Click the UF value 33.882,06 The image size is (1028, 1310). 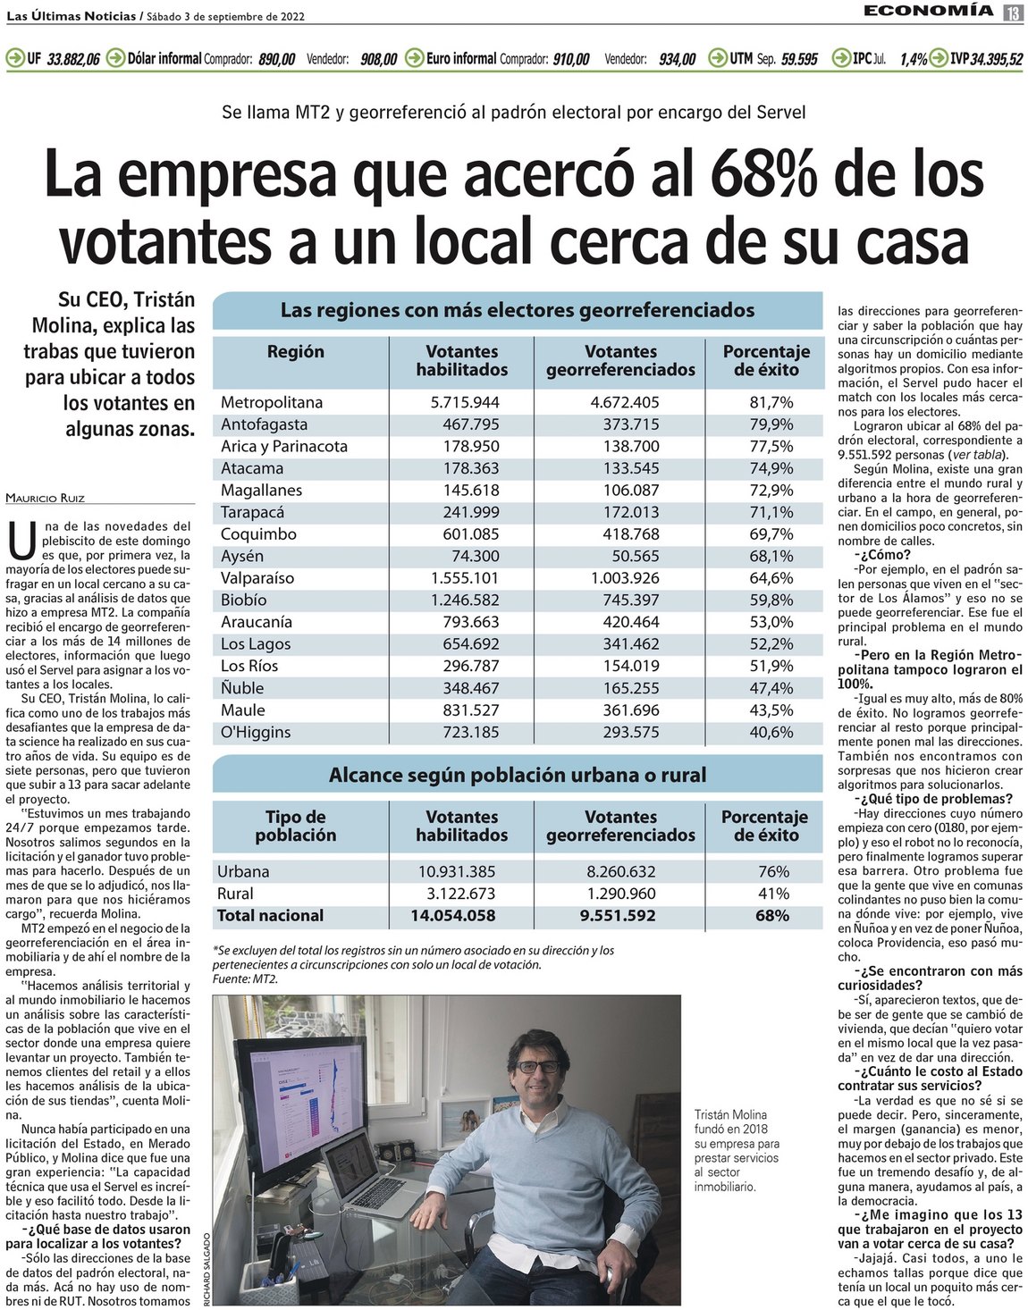tap(73, 59)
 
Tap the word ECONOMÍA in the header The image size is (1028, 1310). tap(928, 11)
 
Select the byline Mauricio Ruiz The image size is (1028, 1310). tap(45, 498)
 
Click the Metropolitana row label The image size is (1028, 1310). tap(272, 402)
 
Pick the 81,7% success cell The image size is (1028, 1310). tap(771, 402)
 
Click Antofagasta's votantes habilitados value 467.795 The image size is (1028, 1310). tap(471, 424)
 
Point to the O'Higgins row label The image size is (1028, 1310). tap(256, 732)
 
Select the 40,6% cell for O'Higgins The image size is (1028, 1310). tap(771, 732)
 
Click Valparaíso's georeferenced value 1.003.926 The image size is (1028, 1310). tap(625, 578)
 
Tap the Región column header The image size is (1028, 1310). tap(295, 351)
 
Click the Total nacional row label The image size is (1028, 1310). tap(270, 915)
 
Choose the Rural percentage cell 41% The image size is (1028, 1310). tap(772, 894)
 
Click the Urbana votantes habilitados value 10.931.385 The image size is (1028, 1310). tap(457, 871)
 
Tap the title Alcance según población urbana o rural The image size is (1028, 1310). tap(518, 775)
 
